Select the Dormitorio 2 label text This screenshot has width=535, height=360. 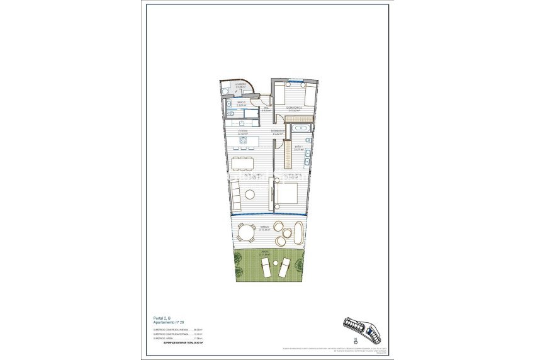[298, 108]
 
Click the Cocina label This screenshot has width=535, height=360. [242, 132]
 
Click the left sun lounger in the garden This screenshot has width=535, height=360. [267, 267]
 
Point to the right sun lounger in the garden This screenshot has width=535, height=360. [284, 267]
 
